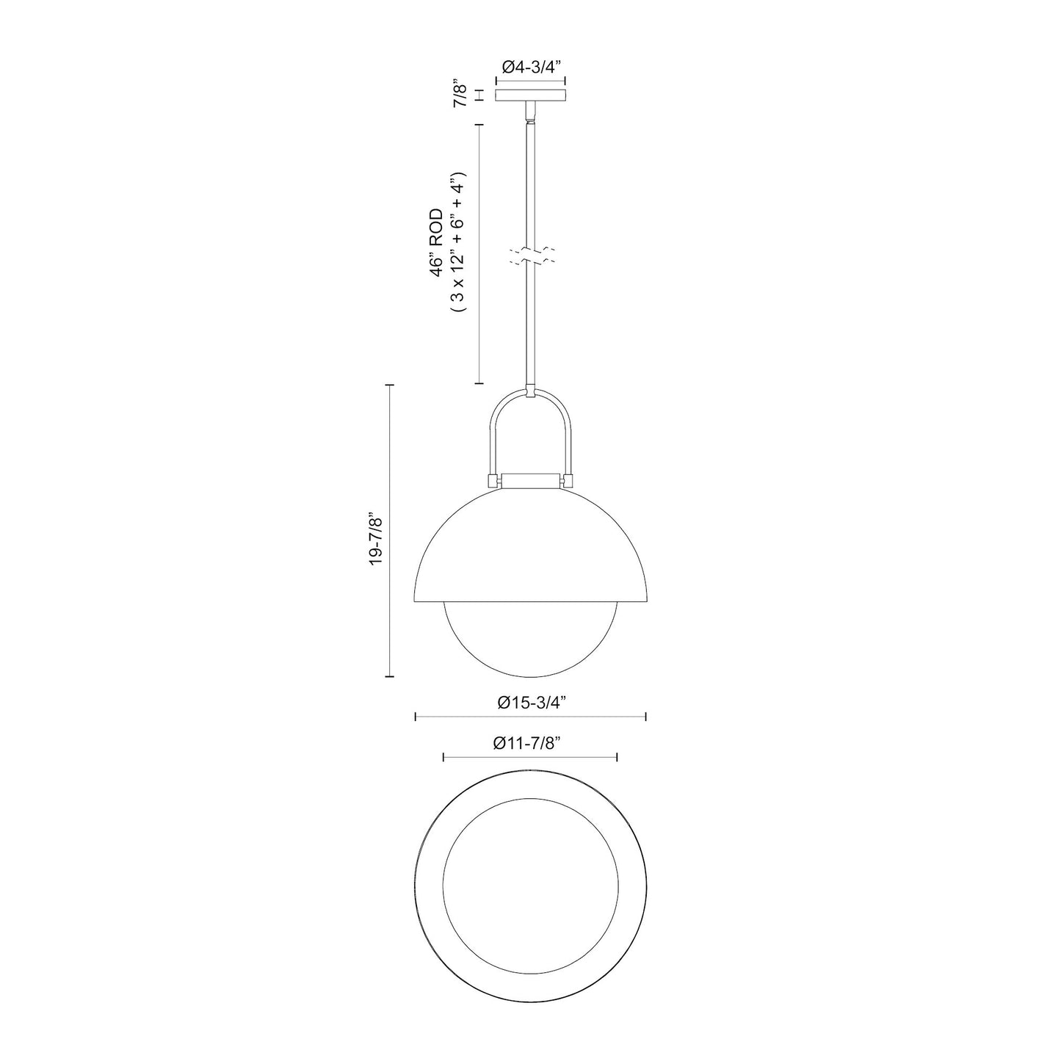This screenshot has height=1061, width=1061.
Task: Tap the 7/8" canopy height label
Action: [x=460, y=95]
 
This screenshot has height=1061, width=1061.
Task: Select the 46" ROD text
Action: [x=438, y=242]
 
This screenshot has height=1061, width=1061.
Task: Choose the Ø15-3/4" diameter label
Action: [x=530, y=703]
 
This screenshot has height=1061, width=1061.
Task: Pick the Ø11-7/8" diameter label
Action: [x=530, y=744]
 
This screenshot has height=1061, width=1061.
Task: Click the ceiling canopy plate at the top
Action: [x=531, y=95]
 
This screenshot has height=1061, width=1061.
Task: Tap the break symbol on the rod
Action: [x=532, y=256]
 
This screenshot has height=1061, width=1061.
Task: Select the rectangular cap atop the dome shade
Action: [x=530, y=479]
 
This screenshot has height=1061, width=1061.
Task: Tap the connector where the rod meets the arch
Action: [x=530, y=391]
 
